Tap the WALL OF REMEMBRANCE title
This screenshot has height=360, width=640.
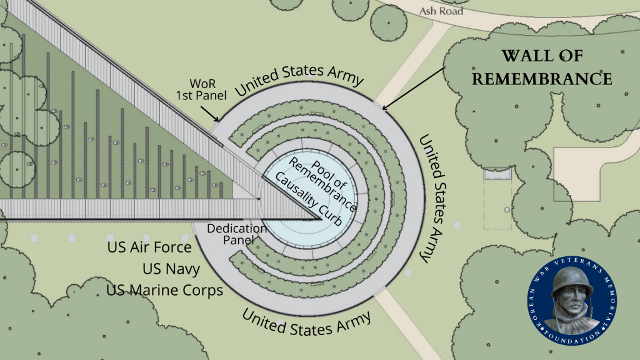coord(541,67)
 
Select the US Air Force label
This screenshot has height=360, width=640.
coord(149,247)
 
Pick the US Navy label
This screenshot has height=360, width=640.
coord(171,269)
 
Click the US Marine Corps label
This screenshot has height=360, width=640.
coord(165,291)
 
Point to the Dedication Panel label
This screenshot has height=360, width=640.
coord(237,234)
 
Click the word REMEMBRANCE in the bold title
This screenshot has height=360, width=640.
coord(541,79)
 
